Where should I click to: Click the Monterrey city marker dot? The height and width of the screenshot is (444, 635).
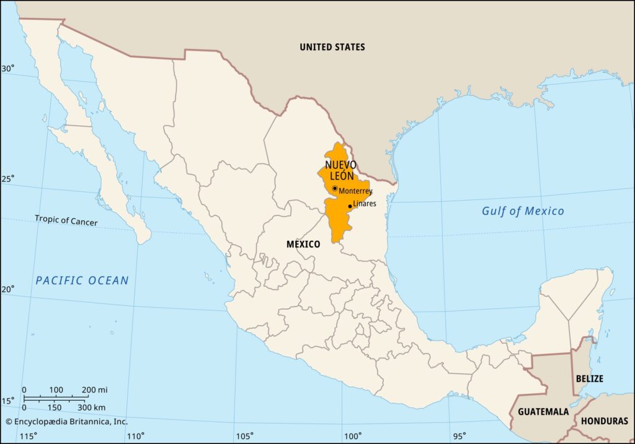click(x=335, y=188)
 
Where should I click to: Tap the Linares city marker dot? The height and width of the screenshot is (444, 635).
click(x=350, y=206)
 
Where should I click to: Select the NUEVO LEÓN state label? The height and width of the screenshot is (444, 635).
click(x=340, y=170)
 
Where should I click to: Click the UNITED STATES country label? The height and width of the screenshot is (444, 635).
click(x=332, y=47)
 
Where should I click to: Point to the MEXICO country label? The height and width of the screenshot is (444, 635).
click(x=303, y=245)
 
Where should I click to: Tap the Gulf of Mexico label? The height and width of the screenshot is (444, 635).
click(x=523, y=211)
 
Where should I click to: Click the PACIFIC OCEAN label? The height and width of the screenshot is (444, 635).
click(x=82, y=281)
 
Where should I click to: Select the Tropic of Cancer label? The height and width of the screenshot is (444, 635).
click(x=66, y=220)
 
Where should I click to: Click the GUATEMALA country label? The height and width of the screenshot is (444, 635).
click(x=543, y=412)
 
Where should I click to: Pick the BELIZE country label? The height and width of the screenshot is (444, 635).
click(x=589, y=378)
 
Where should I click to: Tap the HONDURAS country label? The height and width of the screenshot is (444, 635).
click(x=605, y=421)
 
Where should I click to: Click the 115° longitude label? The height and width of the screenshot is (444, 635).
click(x=28, y=437)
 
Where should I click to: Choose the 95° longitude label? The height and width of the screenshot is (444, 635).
click(x=460, y=437)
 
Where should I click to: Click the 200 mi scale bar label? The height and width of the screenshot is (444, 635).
click(x=94, y=390)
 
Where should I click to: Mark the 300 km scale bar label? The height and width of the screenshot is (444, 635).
click(x=91, y=407)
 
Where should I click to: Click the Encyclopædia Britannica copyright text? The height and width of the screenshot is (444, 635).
click(x=66, y=422)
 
